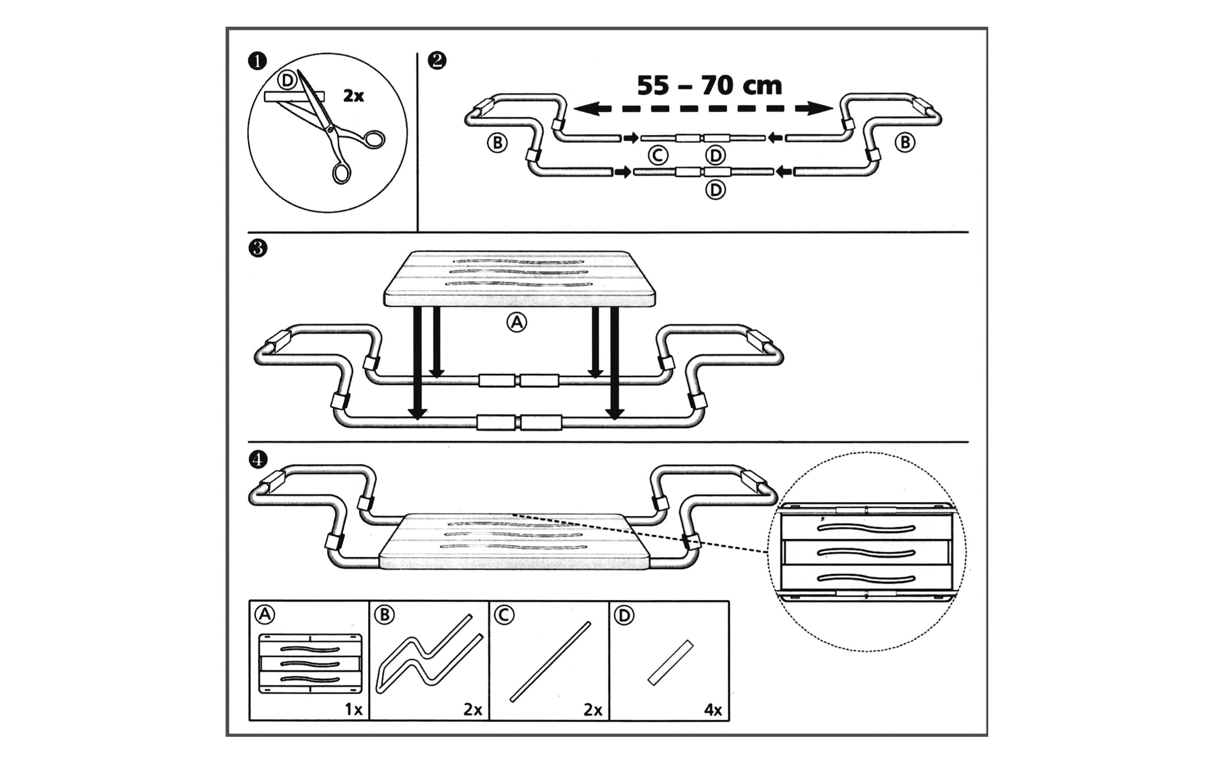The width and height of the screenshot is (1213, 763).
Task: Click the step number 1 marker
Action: click(x=257, y=62)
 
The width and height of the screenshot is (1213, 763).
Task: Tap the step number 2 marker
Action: click(x=437, y=61)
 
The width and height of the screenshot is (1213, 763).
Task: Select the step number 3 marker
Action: click(x=258, y=248)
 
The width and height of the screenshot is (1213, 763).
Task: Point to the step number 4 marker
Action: click(x=258, y=459)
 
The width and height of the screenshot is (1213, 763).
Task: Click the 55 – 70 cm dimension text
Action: click(x=709, y=85)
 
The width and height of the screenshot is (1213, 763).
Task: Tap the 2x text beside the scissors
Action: click(x=353, y=96)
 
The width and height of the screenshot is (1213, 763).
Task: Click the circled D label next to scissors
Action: click(x=287, y=80)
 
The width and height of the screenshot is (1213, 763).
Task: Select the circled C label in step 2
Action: click(x=658, y=156)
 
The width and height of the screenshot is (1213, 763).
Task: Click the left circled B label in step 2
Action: click(x=497, y=143)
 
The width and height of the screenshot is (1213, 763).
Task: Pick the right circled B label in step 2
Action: click(x=905, y=142)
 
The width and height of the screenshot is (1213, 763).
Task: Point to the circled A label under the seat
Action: click(x=517, y=322)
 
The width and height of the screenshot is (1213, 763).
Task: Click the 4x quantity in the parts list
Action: click(x=713, y=710)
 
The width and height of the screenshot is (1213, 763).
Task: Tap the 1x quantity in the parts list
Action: click(x=353, y=709)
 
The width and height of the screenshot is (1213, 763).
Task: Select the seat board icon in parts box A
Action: click(x=310, y=663)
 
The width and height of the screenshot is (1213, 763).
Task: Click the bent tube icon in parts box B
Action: click(x=430, y=654)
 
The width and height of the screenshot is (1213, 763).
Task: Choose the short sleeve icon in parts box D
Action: click(x=671, y=662)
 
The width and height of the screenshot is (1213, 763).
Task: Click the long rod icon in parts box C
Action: click(x=550, y=662)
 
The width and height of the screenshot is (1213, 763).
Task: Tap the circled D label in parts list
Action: click(x=624, y=615)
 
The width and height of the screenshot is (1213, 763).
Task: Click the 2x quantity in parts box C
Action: click(x=593, y=710)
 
